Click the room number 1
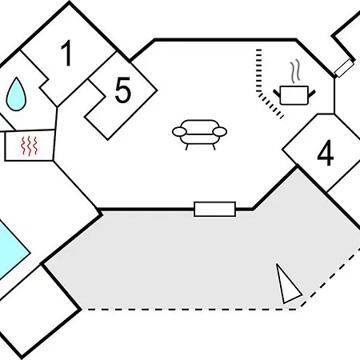click(x=66, y=53)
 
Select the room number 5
click(x=123, y=90)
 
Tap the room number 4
click(x=326, y=153)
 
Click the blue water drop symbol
click(x=16, y=94)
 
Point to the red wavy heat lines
click(x=30, y=146)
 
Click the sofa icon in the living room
click(x=199, y=134)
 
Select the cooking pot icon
click(x=294, y=94)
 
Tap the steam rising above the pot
click(x=295, y=71)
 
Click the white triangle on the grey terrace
click(x=287, y=284)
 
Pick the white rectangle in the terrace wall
click(x=214, y=209)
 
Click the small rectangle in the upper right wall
click(x=344, y=68)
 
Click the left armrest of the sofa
click(x=179, y=132)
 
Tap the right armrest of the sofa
click(x=220, y=132)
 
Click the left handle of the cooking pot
click(x=277, y=94)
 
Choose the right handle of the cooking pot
click(x=312, y=94)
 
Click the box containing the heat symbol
click(x=30, y=146)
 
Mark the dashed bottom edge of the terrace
click(x=192, y=310)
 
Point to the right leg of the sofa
click(x=214, y=147)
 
